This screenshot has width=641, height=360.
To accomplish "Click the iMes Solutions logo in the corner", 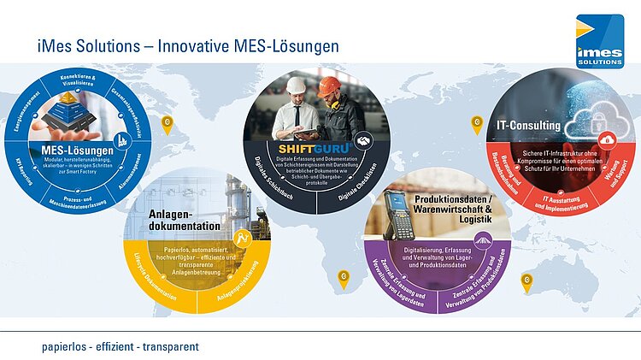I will (x=599, y=40).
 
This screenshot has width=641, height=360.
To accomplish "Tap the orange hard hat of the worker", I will (x=329, y=86).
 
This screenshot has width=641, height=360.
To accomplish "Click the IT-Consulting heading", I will (x=528, y=126).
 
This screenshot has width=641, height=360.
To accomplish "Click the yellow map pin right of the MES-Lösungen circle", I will (x=167, y=122).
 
